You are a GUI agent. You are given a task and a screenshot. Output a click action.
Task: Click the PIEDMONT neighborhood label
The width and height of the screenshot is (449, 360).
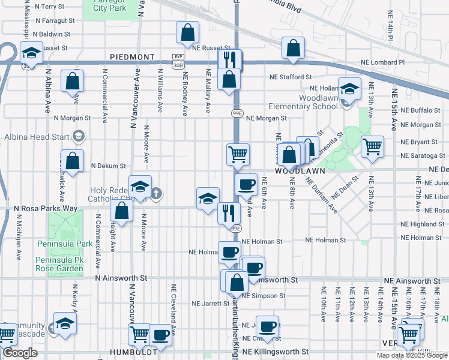coord(132,57)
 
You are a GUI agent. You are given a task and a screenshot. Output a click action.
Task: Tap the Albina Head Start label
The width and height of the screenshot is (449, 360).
coord(34,136)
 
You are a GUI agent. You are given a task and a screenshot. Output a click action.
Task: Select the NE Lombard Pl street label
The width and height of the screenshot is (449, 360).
coord(382,62)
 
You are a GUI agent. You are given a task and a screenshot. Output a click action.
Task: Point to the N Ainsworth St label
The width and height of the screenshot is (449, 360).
coord(121,278)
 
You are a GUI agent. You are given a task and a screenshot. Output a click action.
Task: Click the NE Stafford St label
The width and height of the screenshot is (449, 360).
coord(291,77)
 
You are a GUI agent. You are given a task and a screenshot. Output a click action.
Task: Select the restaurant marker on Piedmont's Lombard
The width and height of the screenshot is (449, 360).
coord(230,59)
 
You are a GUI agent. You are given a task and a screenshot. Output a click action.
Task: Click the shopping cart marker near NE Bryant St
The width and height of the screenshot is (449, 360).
coord(372,145)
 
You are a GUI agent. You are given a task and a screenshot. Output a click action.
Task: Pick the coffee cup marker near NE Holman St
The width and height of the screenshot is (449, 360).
coord(229,252)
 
